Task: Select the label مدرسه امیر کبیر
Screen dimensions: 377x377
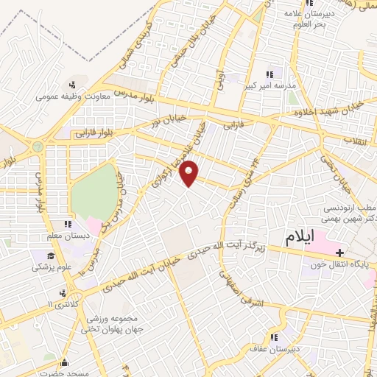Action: coord(270,85)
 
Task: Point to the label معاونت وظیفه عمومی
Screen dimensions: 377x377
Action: coord(74,94)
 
